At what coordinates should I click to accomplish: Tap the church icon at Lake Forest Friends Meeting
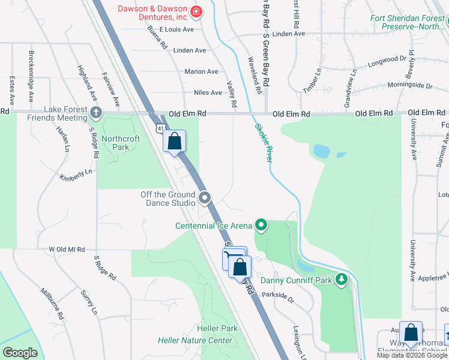pyautogui.click(x=95, y=112)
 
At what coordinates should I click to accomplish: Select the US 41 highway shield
pyautogui.click(x=160, y=128)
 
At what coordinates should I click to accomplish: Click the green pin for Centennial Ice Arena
pyautogui.click(x=261, y=226)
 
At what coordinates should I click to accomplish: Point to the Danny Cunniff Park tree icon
pyautogui.click(x=342, y=280)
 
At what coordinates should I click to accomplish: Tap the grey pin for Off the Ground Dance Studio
pyautogui.click(x=205, y=197)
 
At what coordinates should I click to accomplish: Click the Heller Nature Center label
pyautogui.click(x=195, y=340)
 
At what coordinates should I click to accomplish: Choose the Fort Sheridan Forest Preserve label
pyautogui.click(x=408, y=22)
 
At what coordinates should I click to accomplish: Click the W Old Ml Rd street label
pyautogui.click(x=67, y=248)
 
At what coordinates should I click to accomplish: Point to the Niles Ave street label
pyautogui.click(x=208, y=92)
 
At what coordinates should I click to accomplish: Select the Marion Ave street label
pyautogui.click(x=201, y=71)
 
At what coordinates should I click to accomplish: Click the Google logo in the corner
pyautogui.click(x=20, y=353)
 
